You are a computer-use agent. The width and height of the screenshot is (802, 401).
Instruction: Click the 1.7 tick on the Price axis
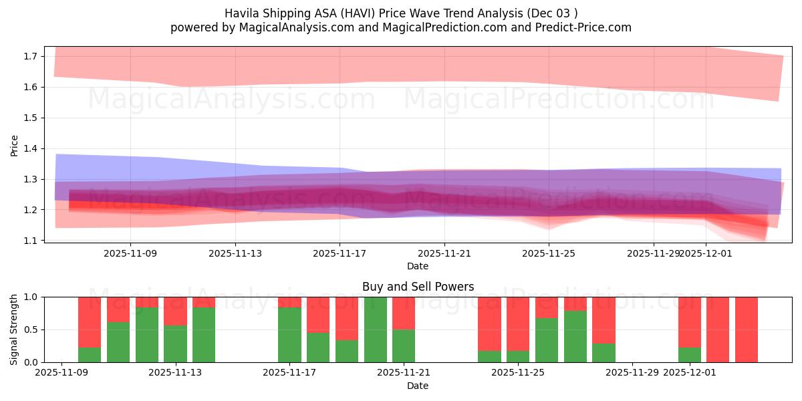coord(30,56)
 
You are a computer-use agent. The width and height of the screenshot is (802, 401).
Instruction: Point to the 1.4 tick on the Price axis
coord(30,148)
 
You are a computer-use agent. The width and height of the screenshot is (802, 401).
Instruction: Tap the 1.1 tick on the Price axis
coord(30,240)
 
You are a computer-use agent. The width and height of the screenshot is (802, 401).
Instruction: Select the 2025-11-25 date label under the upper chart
coord(549,253)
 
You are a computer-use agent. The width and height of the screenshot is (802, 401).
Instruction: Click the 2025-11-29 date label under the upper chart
coord(653,253)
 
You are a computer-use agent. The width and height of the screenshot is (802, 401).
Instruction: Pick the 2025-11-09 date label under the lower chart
coord(61,373)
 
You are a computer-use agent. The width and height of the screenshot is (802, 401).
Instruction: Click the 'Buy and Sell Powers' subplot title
coord(418,287)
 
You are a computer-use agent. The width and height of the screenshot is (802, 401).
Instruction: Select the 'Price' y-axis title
coord(15,145)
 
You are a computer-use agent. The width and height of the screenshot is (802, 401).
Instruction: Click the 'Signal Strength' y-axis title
coord(15,329)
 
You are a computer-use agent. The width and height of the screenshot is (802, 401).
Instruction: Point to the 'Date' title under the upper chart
coord(418,266)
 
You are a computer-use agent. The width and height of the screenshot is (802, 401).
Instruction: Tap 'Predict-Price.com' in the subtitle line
coord(586,27)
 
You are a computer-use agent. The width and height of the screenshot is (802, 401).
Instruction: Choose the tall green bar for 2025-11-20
coord(376,329)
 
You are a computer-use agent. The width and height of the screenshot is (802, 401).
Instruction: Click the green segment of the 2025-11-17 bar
coord(289,335)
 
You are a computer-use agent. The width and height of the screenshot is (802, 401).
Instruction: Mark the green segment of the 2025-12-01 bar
coord(690,355)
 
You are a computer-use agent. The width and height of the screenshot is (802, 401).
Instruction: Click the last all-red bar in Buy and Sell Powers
coord(747,329)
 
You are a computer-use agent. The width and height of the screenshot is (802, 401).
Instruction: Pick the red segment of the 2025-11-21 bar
coord(404,313)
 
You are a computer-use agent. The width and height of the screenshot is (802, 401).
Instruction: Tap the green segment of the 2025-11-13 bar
coord(175,344)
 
